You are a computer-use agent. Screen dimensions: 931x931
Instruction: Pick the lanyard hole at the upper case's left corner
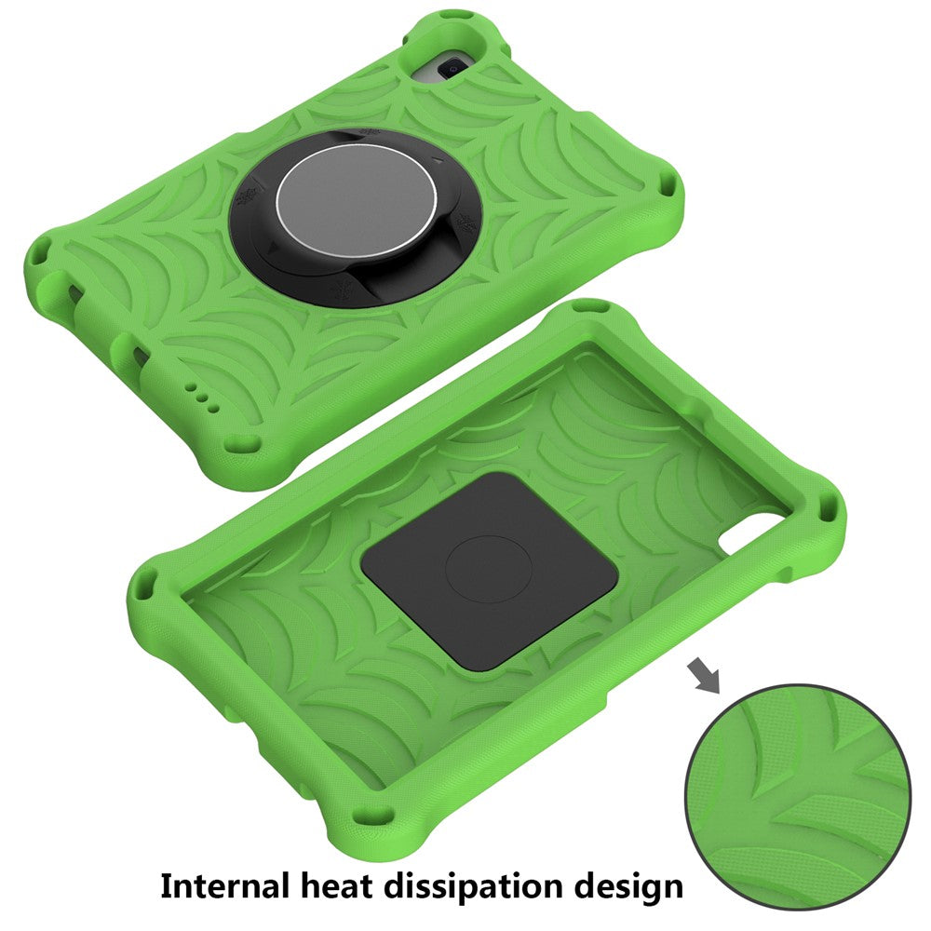(42, 250)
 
